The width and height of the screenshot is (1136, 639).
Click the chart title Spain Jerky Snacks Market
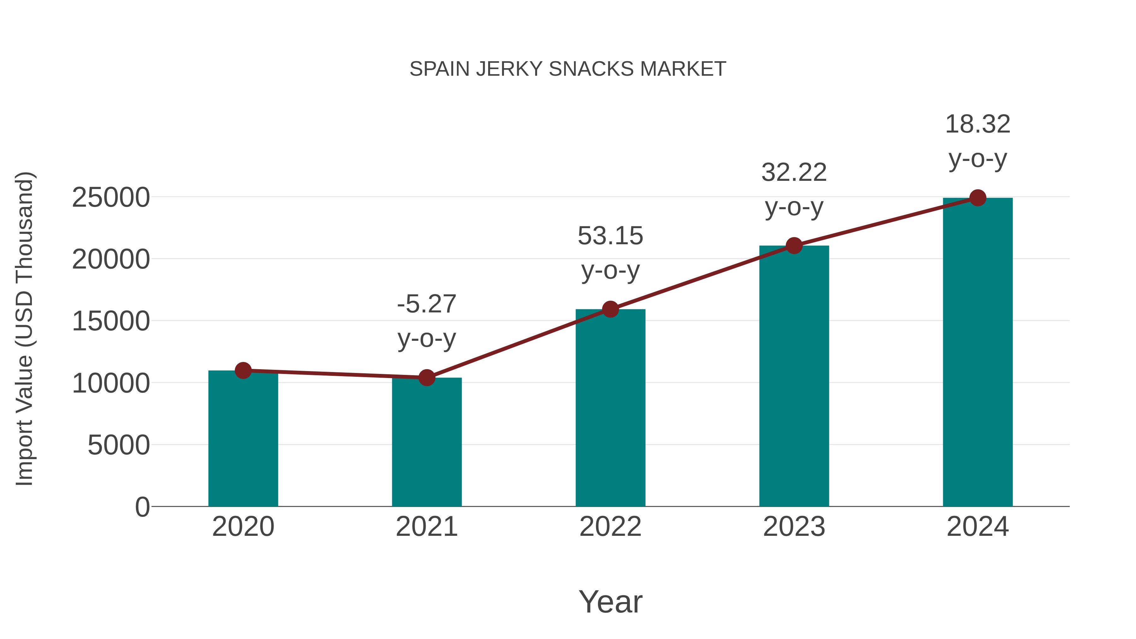click(x=568, y=69)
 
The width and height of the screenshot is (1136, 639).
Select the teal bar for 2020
click(x=243, y=441)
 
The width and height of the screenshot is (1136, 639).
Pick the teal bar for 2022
click(x=610, y=410)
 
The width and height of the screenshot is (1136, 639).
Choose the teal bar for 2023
click(x=794, y=379)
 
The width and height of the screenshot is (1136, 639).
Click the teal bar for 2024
click(x=978, y=353)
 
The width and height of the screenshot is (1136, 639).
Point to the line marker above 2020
click(x=243, y=370)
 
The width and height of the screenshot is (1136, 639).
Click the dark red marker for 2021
click(x=426, y=377)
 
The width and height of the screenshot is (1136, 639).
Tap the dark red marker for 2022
click(x=610, y=309)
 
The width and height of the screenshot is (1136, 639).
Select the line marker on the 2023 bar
click(x=794, y=246)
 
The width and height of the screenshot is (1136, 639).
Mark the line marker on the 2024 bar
click(x=978, y=198)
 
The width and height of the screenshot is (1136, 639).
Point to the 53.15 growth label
click(x=610, y=253)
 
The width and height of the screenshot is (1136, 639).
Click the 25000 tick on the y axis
click(x=111, y=198)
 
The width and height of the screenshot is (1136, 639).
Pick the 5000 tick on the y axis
click(x=119, y=445)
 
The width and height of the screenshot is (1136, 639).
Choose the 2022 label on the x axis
click(x=610, y=527)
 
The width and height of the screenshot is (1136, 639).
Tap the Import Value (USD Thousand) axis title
click(x=25, y=329)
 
